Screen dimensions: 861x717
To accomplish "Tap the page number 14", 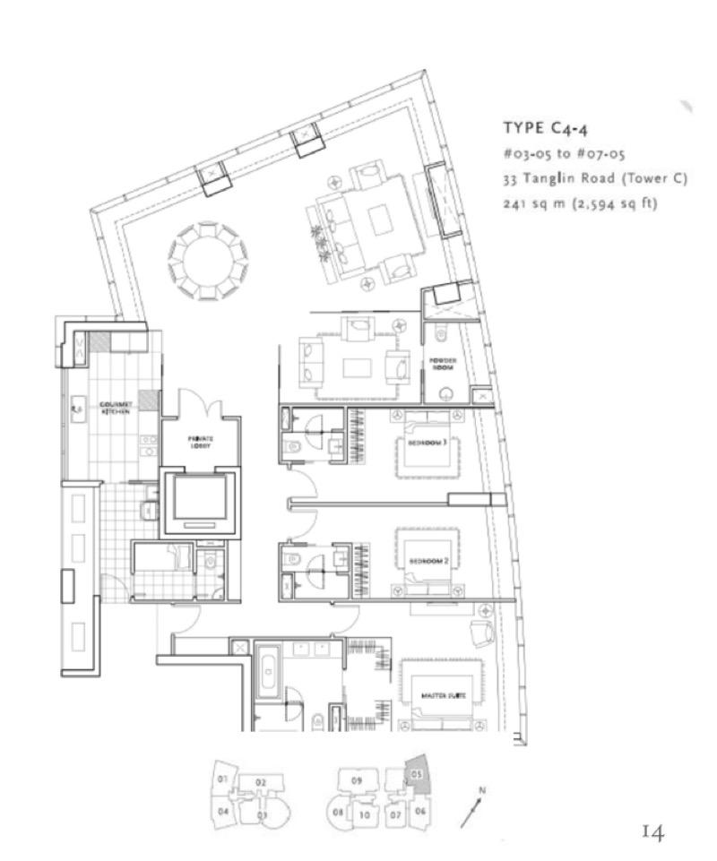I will (652, 833).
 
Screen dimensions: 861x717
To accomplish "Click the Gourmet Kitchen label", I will (117, 406).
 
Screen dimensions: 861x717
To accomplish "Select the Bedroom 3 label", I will (428, 443).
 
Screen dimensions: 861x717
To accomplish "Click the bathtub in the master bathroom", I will (267, 674).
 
